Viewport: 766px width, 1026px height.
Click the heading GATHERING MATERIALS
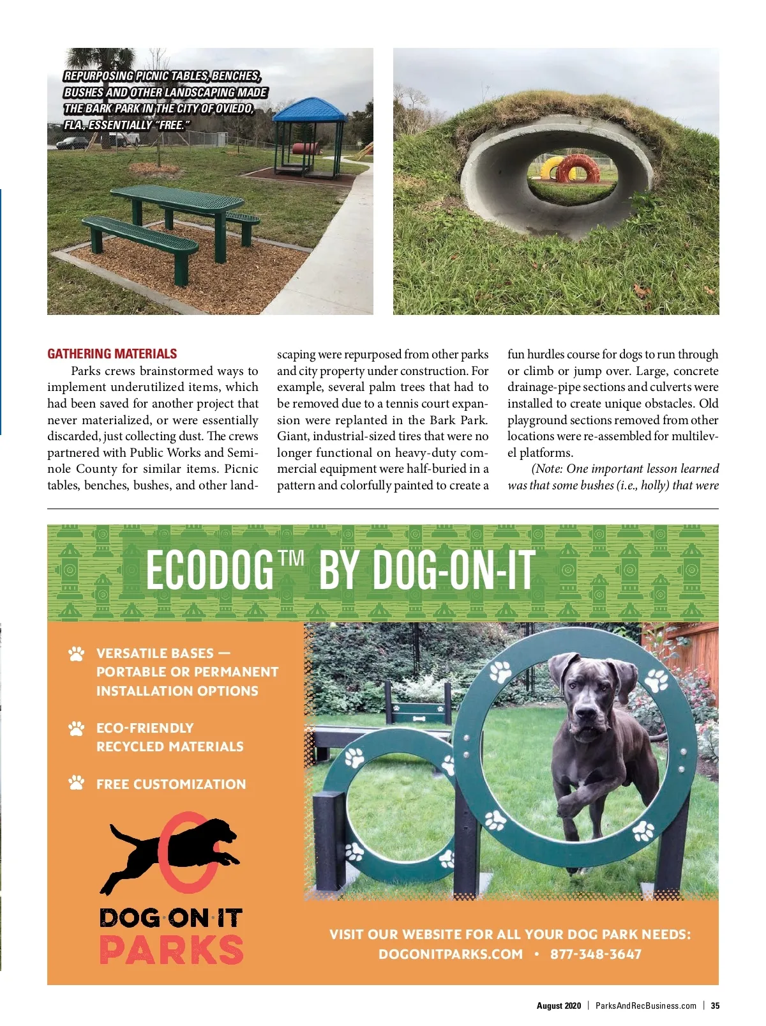pyautogui.click(x=112, y=354)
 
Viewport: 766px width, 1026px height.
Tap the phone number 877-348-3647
pyautogui.click(x=596, y=954)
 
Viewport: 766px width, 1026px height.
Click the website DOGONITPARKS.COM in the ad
pyautogui.click(x=451, y=954)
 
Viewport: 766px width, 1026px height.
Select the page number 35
pyautogui.click(x=715, y=1006)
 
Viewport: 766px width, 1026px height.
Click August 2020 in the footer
pyautogui.click(x=559, y=1006)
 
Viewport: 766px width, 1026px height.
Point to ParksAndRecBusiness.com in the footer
pyautogui.click(x=645, y=1006)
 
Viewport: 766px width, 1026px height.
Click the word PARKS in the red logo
pyautogui.click(x=171, y=949)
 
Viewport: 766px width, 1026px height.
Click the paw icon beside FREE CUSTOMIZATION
pyautogui.click(x=77, y=783)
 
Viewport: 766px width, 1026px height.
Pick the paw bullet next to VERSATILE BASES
pyautogui.click(x=77, y=654)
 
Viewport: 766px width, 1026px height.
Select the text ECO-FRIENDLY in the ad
pyautogui.click(x=145, y=728)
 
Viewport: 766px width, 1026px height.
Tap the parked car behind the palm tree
pyautogui.click(x=71, y=143)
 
